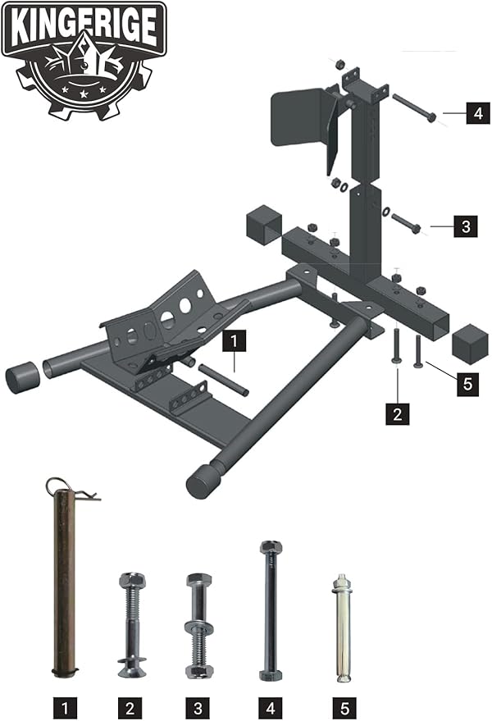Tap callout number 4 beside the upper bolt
pos(478,113)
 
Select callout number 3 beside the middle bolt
pos(465,226)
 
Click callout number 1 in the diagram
pos(234,341)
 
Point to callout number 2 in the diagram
pos(397,413)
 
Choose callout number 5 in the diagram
pos(467,384)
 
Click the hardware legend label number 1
pos(65,708)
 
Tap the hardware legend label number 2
pos(130,708)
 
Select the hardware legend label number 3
pos(198,708)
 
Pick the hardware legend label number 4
pos(271,708)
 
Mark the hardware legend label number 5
pos(344,708)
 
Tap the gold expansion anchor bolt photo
pos(341,627)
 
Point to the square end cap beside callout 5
pos(470,344)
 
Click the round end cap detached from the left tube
pos(23,377)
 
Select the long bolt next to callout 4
pos(414,107)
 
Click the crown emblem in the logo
pos(84,62)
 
